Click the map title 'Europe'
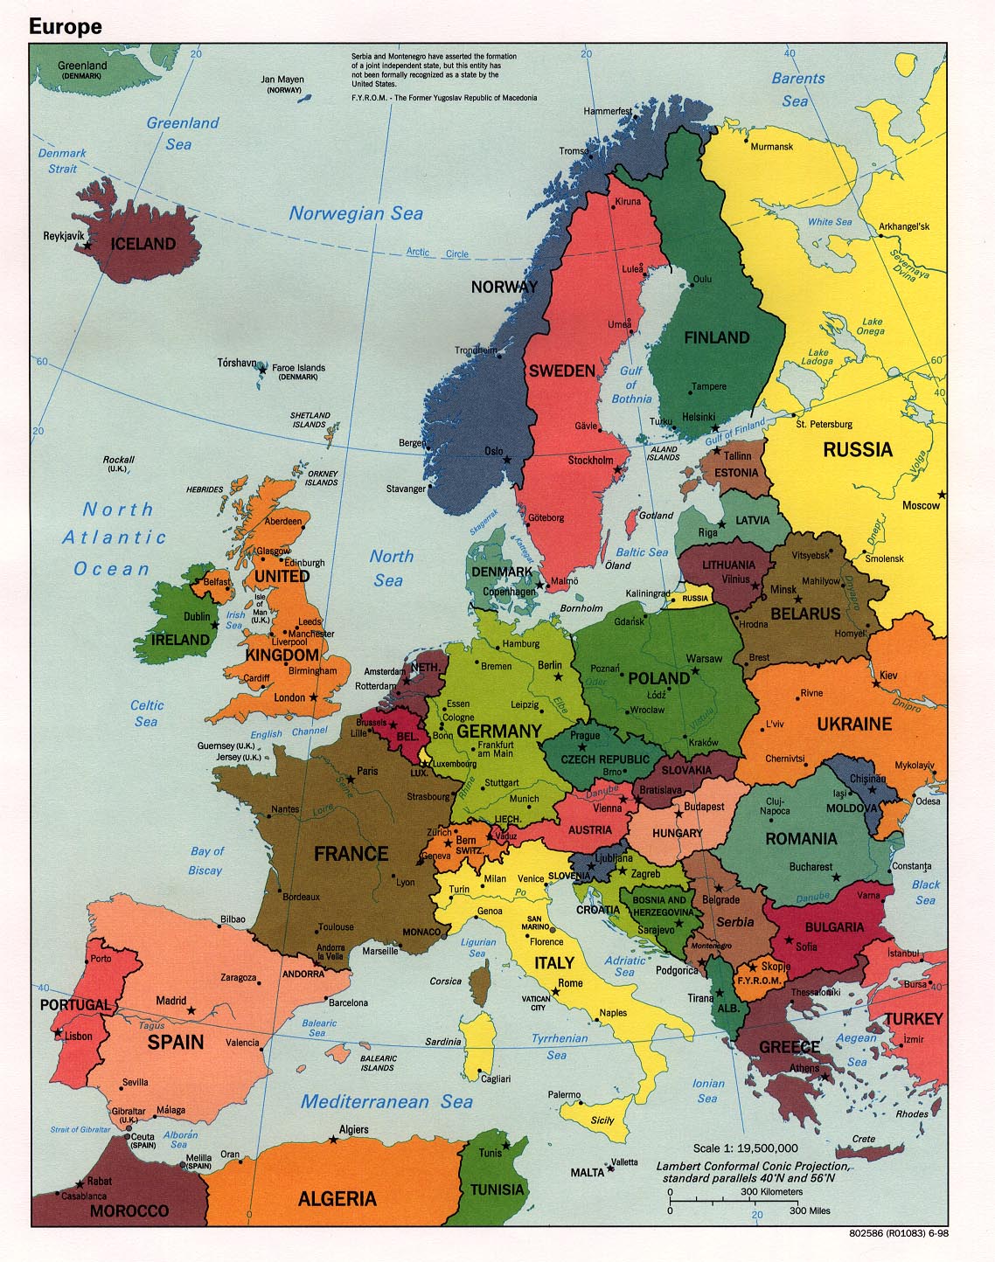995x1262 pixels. point(65,26)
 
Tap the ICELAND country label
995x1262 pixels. point(143,244)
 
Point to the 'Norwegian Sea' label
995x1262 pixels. point(356,213)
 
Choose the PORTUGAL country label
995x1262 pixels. point(75,1005)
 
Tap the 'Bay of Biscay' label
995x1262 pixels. point(206,861)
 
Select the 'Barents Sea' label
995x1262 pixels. point(797,89)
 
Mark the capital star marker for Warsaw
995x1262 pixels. point(695,670)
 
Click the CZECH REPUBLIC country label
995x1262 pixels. point(605,759)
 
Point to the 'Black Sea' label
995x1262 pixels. point(926,892)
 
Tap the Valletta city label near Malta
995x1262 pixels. point(624,1161)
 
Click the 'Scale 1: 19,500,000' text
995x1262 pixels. point(745,1148)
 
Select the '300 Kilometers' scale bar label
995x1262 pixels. point(771,1191)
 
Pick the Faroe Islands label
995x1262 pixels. point(298,368)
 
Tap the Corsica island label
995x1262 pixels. point(445,981)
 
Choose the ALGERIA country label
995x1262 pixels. point(337,1198)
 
